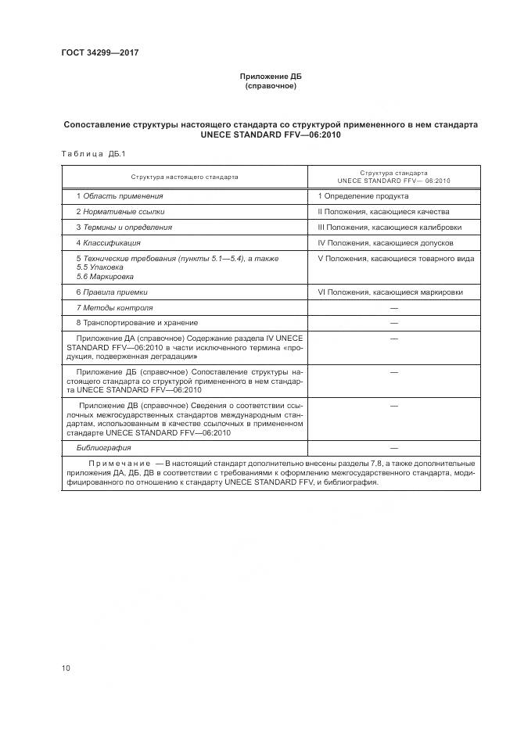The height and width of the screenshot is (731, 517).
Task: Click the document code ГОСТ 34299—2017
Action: click(99, 52)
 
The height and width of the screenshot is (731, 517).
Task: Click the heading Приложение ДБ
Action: click(270, 77)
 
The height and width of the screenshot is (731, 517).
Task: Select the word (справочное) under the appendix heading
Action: click(270, 86)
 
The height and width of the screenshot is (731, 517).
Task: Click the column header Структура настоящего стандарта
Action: click(185, 177)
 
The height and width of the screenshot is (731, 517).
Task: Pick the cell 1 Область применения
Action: click(120, 195)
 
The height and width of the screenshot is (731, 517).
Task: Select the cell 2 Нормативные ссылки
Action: click(120, 211)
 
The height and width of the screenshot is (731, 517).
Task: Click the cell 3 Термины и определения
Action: click(124, 227)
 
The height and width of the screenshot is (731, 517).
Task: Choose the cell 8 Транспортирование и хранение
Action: click(137, 323)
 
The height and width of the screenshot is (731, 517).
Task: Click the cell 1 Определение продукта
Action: click(363, 195)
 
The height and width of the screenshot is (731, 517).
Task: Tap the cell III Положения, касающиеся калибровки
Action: click(390, 227)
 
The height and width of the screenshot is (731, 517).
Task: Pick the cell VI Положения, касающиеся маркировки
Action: click(390, 292)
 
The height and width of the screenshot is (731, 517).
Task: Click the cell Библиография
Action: click(103, 448)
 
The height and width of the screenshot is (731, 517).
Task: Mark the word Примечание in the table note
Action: click(120, 464)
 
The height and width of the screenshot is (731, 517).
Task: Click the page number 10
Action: click(66, 668)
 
